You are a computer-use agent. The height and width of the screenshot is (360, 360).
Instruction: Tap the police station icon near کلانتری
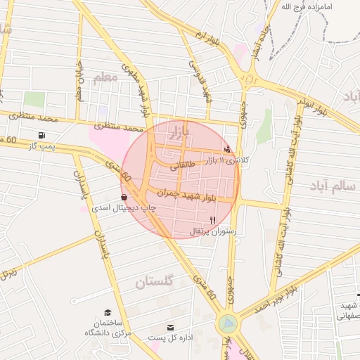click(x=227, y=149)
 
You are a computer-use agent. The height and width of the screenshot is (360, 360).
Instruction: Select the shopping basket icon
click(x=124, y=198)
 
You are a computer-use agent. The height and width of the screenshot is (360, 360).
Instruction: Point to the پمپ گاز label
click(x=41, y=146)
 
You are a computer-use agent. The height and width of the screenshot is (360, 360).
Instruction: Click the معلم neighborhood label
click(x=104, y=77)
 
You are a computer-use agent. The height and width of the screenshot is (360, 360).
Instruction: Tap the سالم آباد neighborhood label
click(x=334, y=186)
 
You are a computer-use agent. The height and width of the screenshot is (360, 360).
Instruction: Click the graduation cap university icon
click(x=108, y=312)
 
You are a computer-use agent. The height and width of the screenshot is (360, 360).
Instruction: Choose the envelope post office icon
click(x=170, y=328)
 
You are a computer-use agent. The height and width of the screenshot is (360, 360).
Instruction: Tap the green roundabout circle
click(x=228, y=324)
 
